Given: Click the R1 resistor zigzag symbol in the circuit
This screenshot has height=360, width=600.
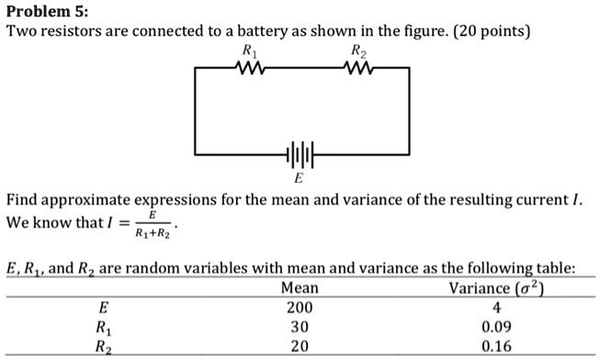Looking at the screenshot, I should click(249, 67).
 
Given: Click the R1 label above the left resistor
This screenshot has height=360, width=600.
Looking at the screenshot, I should click(248, 51).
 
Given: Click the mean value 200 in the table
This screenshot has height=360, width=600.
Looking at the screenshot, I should click(299, 308).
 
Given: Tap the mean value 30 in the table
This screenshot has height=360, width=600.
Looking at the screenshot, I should click(299, 327).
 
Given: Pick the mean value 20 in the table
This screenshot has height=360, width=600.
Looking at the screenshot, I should click(299, 346).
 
